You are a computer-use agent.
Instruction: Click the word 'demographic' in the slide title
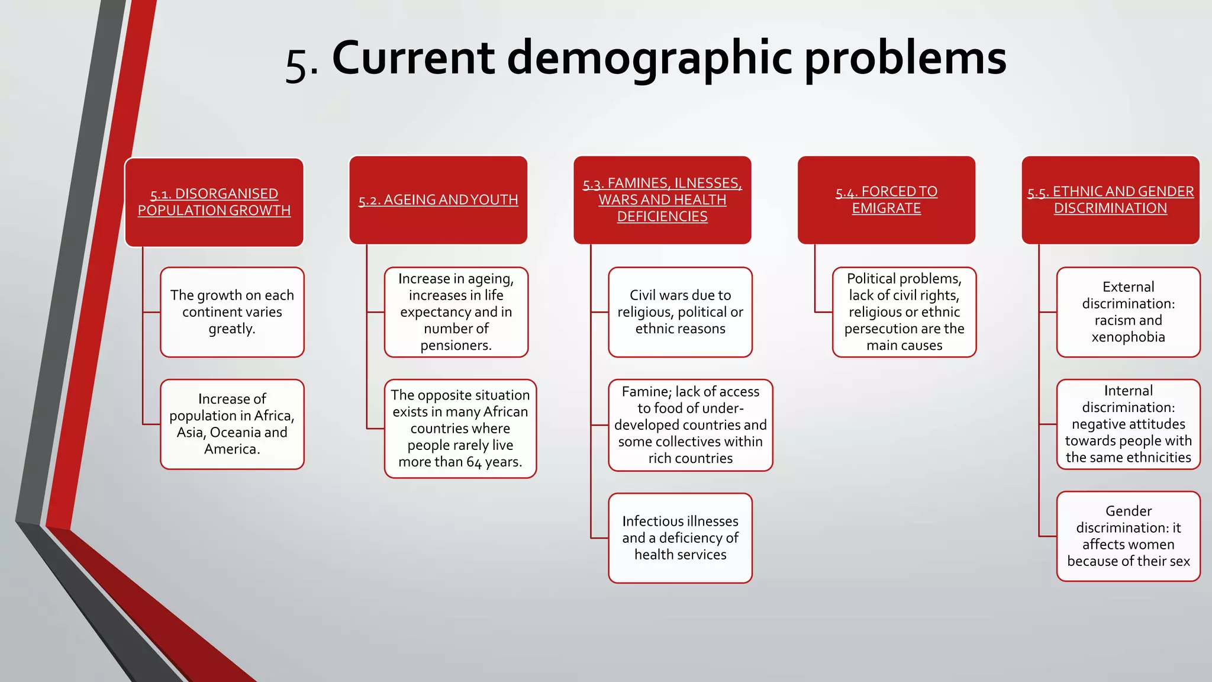click(649, 58)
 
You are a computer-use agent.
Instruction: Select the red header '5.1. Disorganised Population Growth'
click(214, 202)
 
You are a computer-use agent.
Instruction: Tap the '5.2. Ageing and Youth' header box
click(438, 200)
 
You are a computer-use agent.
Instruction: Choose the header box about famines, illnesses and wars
click(662, 200)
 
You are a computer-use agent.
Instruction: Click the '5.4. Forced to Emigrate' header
click(886, 200)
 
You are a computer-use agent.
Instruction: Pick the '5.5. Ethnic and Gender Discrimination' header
click(1110, 200)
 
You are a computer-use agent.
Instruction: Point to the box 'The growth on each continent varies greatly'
click(232, 312)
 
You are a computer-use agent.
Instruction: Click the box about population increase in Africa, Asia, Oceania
click(232, 424)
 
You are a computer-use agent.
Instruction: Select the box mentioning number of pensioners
click(456, 312)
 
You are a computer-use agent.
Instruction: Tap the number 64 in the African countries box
click(474, 462)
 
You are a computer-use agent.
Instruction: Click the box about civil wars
click(680, 312)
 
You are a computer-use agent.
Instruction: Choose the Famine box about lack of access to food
click(690, 425)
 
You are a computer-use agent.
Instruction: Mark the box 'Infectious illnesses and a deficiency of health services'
click(680, 538)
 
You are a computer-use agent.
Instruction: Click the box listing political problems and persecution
click(904, 312)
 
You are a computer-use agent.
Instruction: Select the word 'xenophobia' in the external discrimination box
click(1128, 337)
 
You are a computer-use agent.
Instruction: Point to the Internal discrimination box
click(1128, 424)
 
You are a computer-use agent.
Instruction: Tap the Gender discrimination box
click(1128, 536)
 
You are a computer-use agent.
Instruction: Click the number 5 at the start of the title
click(296, 64)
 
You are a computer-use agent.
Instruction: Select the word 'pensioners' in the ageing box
click(455, 346)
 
